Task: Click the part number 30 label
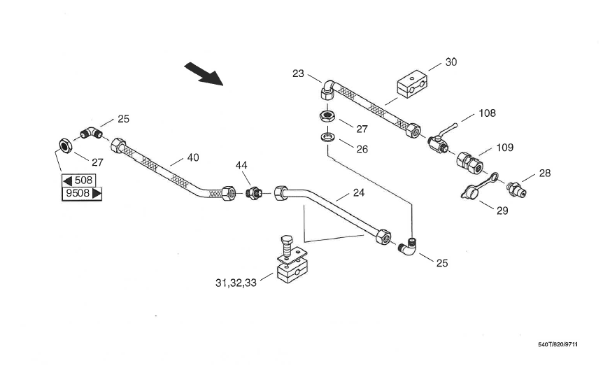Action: pos(451,62)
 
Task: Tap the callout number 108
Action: pos(487,113)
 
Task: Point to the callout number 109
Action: pos(504,148)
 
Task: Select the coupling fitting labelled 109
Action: pos(469,162)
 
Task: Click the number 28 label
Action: pos(544,173)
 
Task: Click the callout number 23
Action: pos(299,73)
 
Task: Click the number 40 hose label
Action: pos(192,158)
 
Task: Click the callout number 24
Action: pos(358,192)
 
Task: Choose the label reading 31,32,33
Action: pos(236,283)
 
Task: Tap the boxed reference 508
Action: pos(78,181)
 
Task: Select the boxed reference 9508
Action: pos(83,193)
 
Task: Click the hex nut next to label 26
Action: pos(326,115)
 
